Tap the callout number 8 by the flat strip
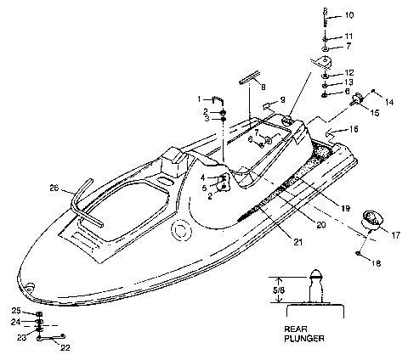click(x=263, y=87)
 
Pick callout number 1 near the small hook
click(x=201, y=99)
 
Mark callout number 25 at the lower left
click(x=16, y=311)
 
